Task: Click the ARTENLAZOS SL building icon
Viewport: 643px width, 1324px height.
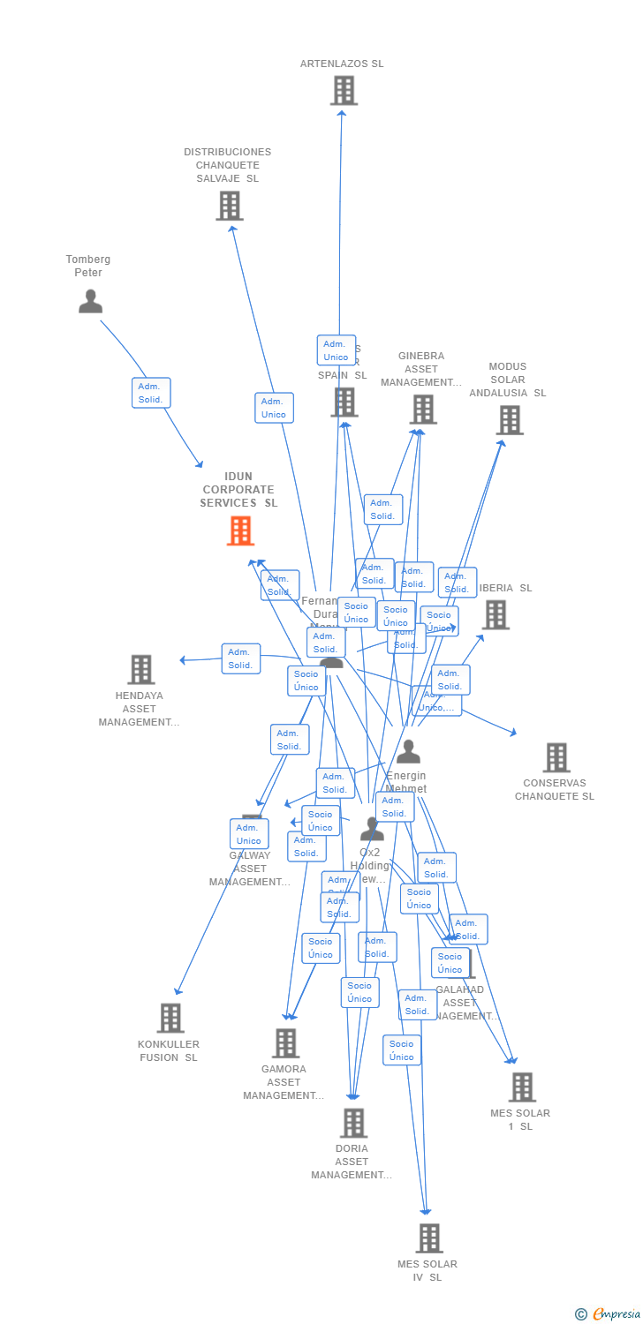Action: [x=344, y=90]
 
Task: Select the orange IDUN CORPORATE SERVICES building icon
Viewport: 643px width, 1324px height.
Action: [x=240, y=530]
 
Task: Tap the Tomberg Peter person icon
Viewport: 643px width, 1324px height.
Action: [x=90, y=301]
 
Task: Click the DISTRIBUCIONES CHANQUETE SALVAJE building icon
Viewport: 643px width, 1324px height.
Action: [x=230, y=206]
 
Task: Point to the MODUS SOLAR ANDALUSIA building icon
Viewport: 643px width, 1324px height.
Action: [x=510, y=420]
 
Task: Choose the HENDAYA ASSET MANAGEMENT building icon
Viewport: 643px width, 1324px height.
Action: [x=141, y=670]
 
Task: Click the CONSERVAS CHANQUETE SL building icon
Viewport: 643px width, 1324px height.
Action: [x=556, y=757]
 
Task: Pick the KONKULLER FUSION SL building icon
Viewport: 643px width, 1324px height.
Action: [x=170, y=1018]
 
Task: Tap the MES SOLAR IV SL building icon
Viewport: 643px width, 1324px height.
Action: [x=429, y=1238]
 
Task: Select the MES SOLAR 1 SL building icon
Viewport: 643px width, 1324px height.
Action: [x=522, y=1087]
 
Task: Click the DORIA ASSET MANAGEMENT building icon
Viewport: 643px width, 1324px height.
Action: [x=353, y=1123]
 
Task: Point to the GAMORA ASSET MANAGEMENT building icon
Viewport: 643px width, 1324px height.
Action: [x=285, y=1043]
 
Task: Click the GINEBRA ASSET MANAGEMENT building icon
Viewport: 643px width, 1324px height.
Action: [x=423, y=409]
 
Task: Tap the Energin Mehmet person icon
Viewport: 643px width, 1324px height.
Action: [x=408, y=752]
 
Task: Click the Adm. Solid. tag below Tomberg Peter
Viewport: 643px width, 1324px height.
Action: [x=151, y=393]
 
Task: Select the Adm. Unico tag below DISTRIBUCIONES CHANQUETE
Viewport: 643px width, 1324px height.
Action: [x=274, y=408]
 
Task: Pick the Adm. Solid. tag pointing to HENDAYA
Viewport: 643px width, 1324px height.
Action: [x=240, y=658]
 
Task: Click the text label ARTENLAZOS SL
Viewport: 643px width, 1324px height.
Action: [x=342, y=64]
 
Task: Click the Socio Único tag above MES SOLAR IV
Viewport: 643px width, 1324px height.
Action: [x=402, y=1050]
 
